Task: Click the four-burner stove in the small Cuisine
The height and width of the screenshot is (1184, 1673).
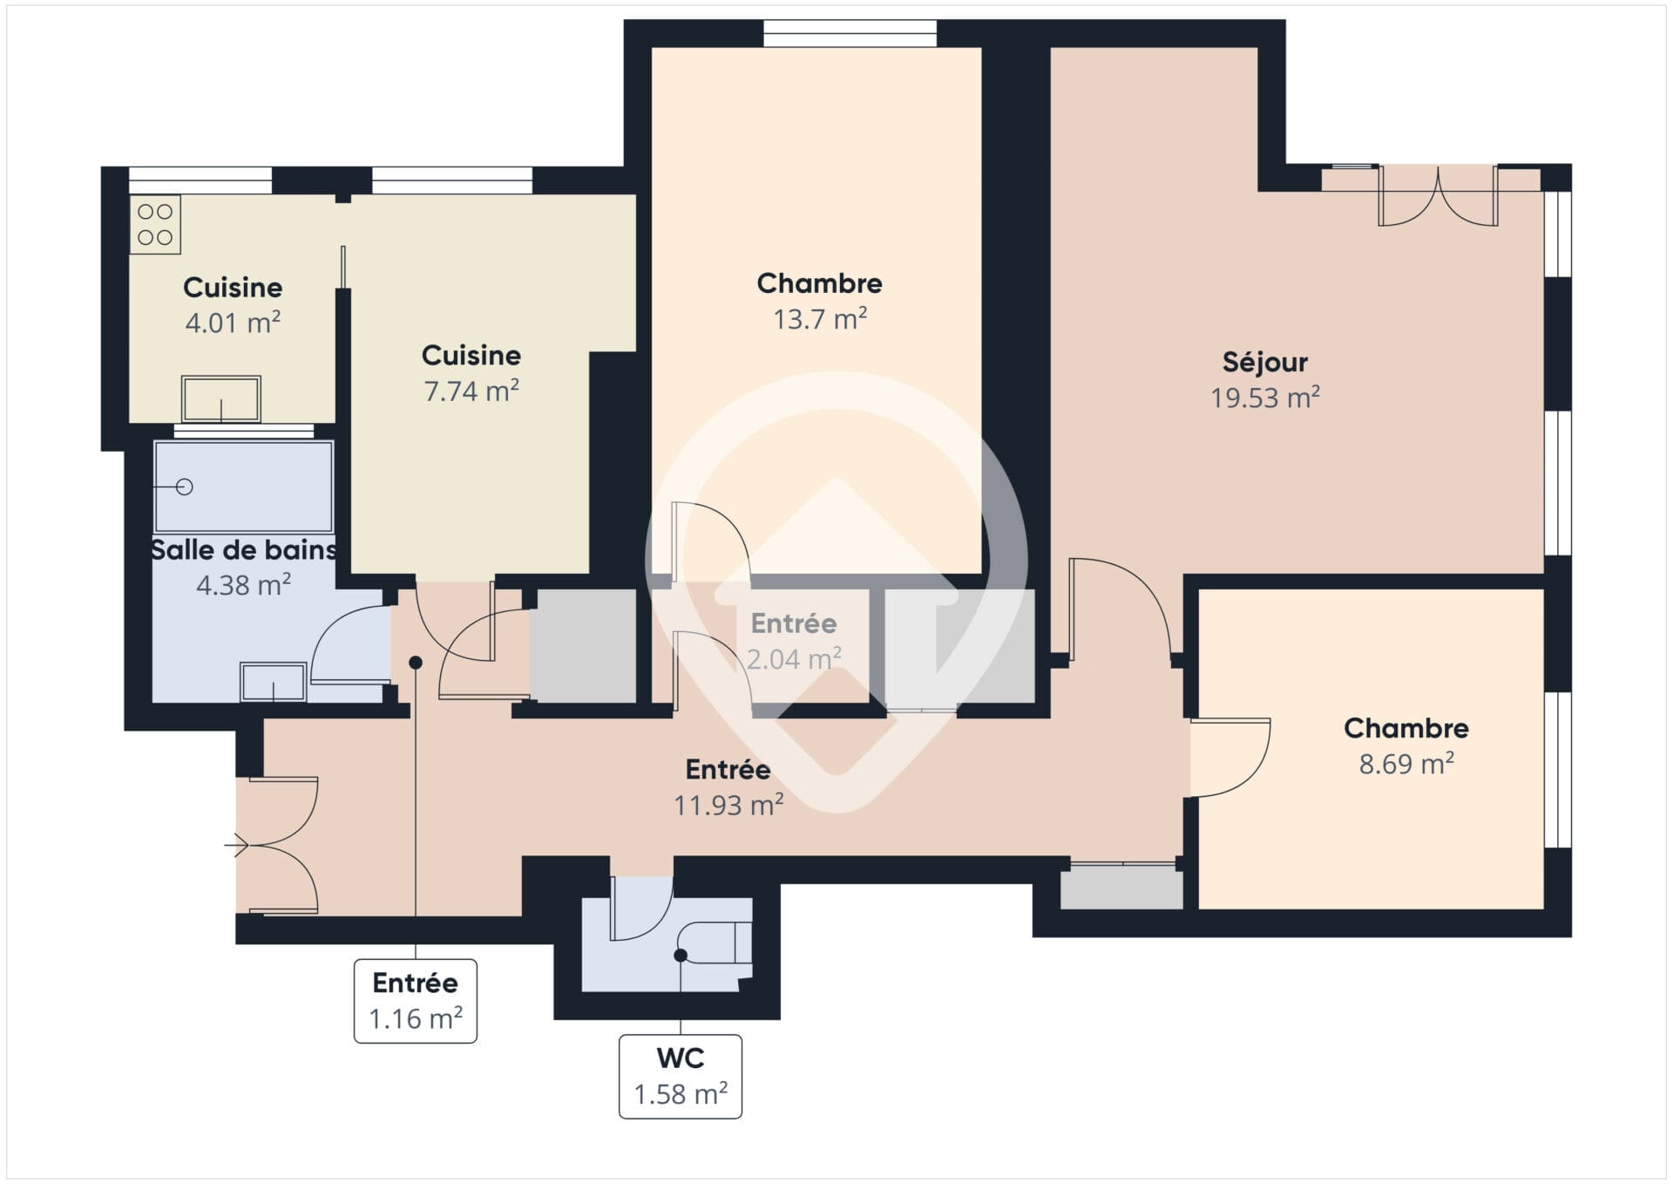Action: pyautogui.click(x=155, y=224)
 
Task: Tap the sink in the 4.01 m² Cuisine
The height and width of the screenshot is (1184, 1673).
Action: pyautogui.click(x=220, y=399)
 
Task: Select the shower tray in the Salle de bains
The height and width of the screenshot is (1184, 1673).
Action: pyautogui.click(x=243, y=487)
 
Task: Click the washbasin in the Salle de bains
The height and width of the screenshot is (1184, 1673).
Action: pyautogui.click(x=273, y=682)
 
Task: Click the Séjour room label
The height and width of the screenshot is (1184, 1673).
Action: pyautogui.click(x=1264, y=362)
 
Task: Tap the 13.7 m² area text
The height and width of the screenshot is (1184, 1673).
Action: pyautogui.click(x=820, y=319)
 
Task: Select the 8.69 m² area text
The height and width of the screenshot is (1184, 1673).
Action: pyautogui.click(x=1406, y=764)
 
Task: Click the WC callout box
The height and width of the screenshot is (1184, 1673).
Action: pyautogui.click(x=681, y=1076)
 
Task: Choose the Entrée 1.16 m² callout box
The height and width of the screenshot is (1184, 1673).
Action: pyautogui.click(x=416, y=1001)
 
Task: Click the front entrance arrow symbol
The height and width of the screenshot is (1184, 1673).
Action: pyautogui.click(x=236, y=845)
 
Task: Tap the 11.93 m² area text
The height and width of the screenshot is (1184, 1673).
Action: pyautogui.click(x=728, y=805)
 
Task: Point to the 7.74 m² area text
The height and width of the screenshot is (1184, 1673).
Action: pyautogui.click(x=471, y=391)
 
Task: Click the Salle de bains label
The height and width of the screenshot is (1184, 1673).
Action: pyautogui.click(x=243, y=550)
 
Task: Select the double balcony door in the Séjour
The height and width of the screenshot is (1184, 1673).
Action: pyautogui.click(x=1438, y=196)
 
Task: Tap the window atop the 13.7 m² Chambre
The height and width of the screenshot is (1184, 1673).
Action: pyautogui.click(x=850, y=33)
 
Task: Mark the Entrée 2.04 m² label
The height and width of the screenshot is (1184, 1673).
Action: pyautogui.click(x=794, y=641)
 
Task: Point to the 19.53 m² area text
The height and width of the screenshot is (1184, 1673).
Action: pyautogui.click(x=1264, y=398)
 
